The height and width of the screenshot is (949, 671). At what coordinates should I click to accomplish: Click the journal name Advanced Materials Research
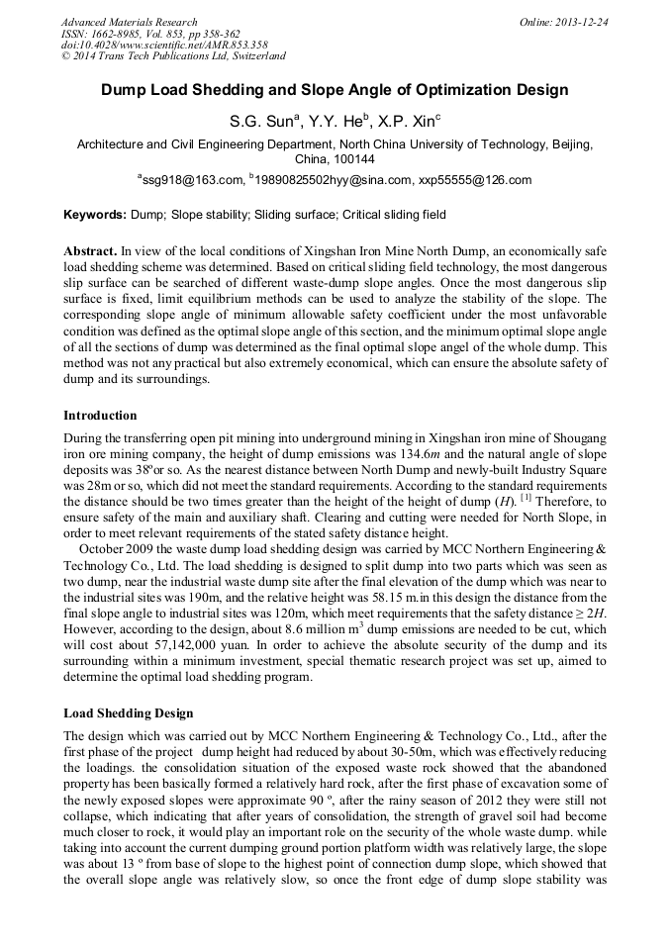coord(129,22)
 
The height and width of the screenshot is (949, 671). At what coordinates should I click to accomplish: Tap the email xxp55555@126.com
coord(474,180)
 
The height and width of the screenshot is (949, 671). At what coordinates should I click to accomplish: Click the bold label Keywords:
coord(95,215)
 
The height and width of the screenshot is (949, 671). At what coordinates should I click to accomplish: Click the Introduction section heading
coord(100,416)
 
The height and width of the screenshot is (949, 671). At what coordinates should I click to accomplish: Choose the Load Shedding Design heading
coord(129,712)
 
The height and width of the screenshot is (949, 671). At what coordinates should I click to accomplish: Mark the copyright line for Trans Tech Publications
coord(173,56)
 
